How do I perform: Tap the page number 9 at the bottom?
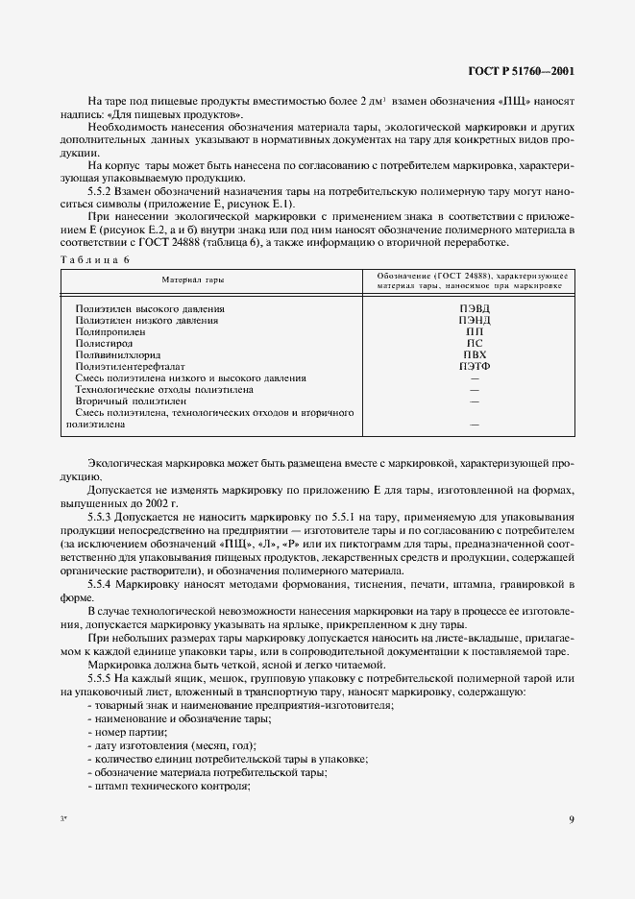571,819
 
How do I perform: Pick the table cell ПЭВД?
468,308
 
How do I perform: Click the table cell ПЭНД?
468,320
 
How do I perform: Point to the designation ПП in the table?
468,331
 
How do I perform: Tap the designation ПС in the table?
468,343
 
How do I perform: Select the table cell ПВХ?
468,354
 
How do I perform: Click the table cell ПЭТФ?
468,366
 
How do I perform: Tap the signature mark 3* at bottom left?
64,819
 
